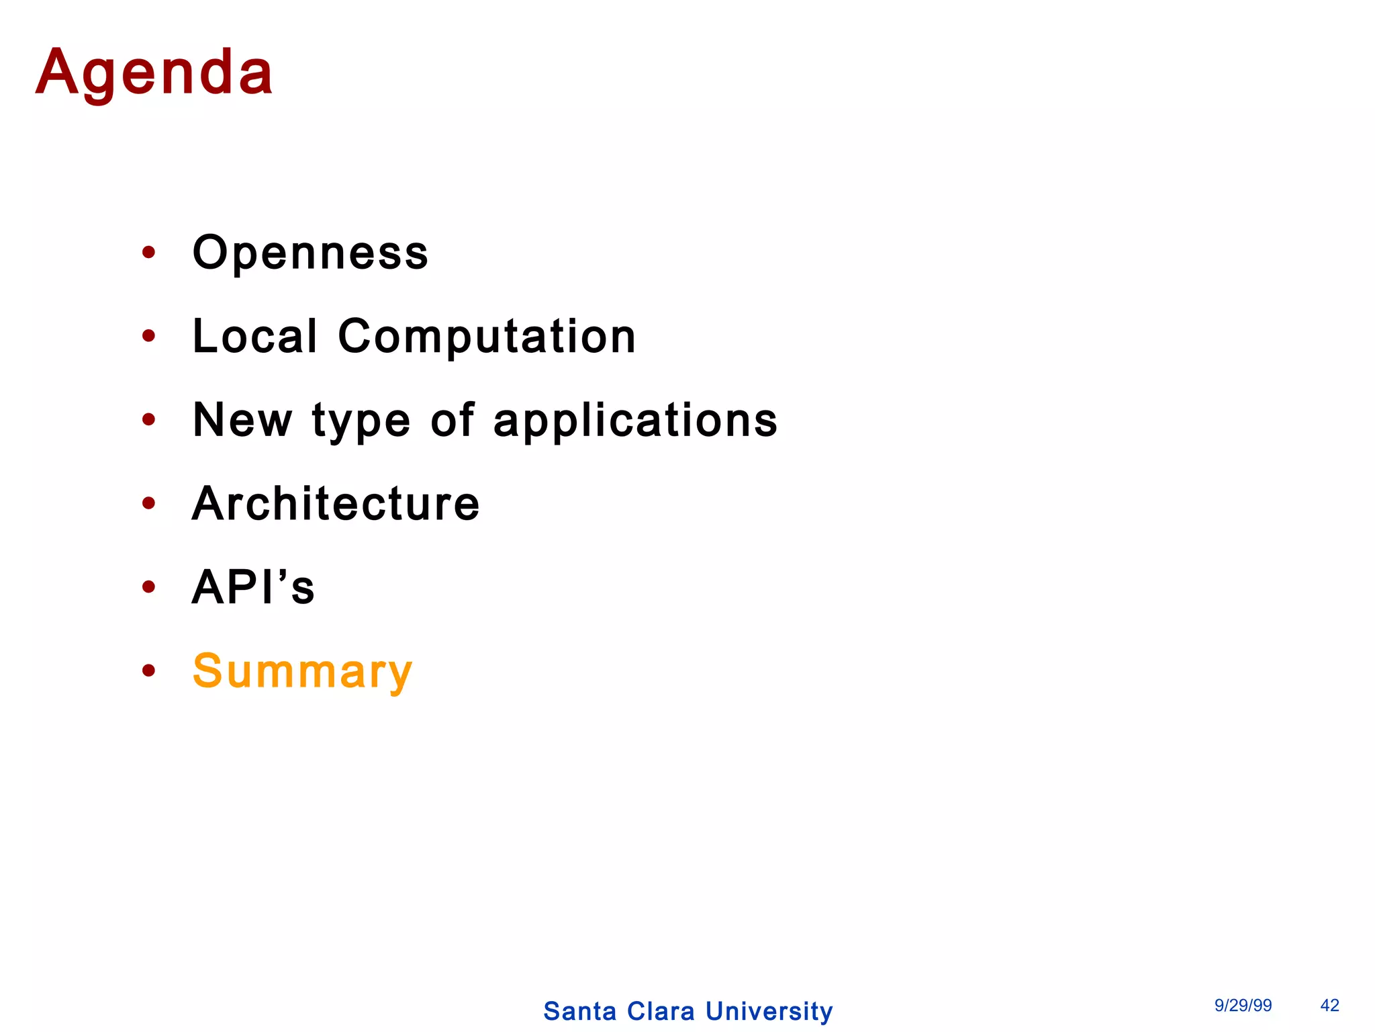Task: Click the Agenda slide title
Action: pos(154,73)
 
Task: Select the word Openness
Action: pos(310,253)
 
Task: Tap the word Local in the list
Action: pos(254,336)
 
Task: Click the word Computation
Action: pos(487,336)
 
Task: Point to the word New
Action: pos(242,420)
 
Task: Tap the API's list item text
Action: pos(253,587)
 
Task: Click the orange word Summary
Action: pos(302,671)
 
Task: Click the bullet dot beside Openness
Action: pos(149,253)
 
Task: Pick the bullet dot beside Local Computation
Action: pos(149,336)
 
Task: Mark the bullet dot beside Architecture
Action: pos(149,503)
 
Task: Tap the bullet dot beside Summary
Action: pos(149,671)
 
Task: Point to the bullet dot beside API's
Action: pos(149,587)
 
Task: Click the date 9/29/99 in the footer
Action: pos(1243,1005)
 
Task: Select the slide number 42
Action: pos(1329,1005)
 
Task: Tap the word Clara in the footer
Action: pos(661,1011)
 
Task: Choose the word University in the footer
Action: pos(769,1011)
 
